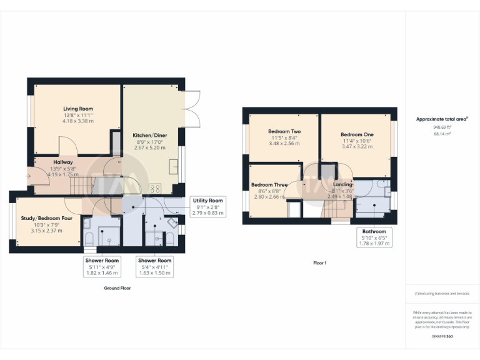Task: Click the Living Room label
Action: tap(77, 108)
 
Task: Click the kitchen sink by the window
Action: tap(173, 166)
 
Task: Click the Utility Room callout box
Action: tap(207, 206)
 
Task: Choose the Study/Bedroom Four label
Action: tap(43, 218)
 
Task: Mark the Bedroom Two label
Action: tap(284, 132)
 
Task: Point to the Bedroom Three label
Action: tap(269, 185)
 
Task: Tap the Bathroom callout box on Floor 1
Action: tap(374, 237)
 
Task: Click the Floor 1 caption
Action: tap(319, 263)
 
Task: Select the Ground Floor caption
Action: tap(117, 288)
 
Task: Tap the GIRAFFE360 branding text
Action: tap(442, 337)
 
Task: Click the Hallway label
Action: tap(63, 162)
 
